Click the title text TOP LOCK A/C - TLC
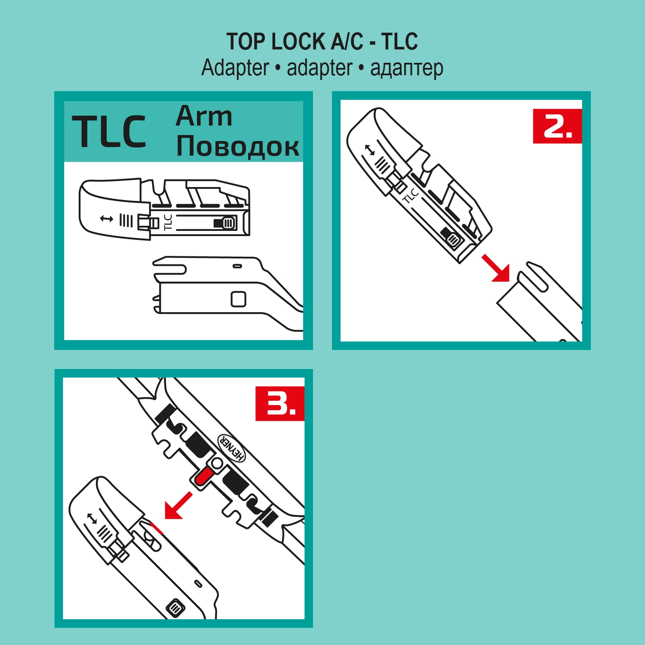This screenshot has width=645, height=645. point(322,42)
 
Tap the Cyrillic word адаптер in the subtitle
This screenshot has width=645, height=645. point(406,68)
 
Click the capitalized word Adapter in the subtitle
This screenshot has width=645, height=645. point(235,68)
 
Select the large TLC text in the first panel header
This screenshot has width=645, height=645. point(109,132)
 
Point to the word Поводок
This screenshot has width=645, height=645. point(238,146)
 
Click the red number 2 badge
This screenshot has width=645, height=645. point(557,126)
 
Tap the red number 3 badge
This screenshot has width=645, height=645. point(280,403)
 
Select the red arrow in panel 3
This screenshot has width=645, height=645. point(178,506)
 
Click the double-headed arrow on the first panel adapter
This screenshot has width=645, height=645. point(107,219)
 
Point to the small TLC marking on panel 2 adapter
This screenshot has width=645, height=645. point(410,195)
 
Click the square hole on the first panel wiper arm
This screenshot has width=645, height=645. point(238,299)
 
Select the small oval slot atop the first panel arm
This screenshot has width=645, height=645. point(237,266)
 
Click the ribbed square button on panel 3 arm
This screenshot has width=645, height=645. point(175,608)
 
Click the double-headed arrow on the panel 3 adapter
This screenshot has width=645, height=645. point(92,519)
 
